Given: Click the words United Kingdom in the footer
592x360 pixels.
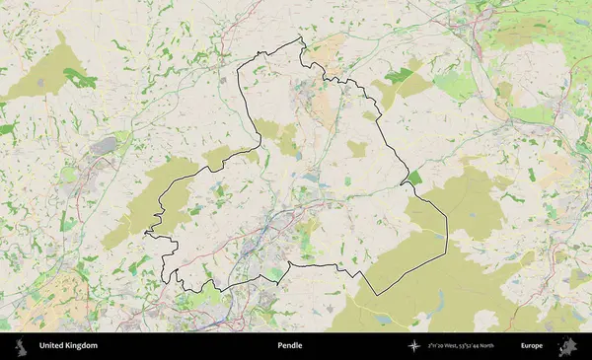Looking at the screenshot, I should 68,346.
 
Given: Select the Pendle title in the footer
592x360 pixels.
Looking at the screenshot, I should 290,346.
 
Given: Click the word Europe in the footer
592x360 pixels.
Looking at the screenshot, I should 532,346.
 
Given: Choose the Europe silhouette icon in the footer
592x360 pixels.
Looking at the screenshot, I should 568,346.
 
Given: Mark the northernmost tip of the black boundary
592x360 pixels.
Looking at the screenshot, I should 300,37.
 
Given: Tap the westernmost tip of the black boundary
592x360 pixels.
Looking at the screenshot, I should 145,233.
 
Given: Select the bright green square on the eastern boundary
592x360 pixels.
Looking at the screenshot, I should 413,179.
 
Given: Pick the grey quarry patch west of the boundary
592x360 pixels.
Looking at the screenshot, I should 104,146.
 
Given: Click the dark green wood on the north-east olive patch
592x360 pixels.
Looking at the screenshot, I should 400,75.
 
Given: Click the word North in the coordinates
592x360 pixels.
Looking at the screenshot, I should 506,346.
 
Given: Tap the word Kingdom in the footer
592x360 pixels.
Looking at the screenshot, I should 83,346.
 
